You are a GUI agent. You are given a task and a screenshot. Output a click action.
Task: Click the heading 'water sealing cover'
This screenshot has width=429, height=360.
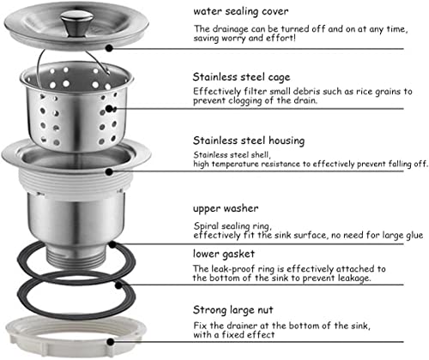click(x=239, y=11)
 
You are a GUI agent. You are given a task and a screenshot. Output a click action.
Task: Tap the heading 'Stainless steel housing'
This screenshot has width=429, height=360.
click(x=249, y=140)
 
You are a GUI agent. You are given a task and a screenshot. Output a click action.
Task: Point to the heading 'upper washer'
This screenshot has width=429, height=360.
click(x=228, y=208)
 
